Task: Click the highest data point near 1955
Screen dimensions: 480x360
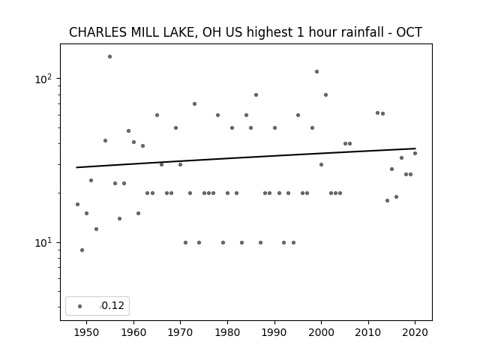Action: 109,57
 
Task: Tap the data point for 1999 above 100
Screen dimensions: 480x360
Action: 316,72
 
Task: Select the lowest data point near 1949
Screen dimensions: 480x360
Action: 82,250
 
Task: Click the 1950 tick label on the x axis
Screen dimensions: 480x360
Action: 87,332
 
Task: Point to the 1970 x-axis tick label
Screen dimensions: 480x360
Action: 180,332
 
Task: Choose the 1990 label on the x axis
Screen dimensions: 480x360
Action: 274,332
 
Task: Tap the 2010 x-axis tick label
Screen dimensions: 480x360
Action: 368,332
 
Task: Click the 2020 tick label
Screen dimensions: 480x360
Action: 415,332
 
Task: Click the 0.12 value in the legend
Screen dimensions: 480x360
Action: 113,305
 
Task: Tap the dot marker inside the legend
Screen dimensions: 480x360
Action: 80,307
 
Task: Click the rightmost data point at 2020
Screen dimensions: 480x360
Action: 415,153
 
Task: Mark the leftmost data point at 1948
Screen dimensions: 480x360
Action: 77,205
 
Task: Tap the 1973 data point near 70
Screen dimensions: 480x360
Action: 194,104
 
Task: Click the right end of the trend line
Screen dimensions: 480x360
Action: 415,148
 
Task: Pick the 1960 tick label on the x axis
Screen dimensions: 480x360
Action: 133,332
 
